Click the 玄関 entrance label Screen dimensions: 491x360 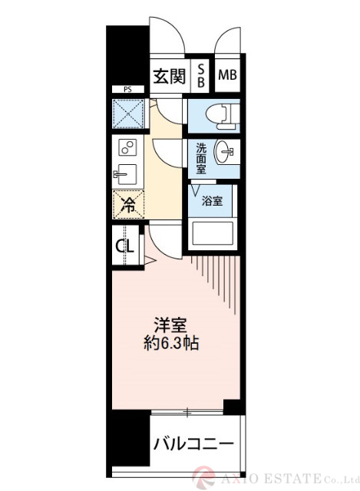(x=169, y=76)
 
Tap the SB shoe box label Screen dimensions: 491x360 (x=200, y=76)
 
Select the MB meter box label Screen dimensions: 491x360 (x=227, y=75)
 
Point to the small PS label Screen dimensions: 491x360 (x=127, y=90)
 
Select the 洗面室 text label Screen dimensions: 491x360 (x=200, y=157)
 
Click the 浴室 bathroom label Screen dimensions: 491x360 (x=213, y=202)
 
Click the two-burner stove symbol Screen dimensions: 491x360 (x=127, y=147)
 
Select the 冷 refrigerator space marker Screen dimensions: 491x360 (x=127, y=206)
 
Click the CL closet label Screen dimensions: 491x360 (x=125, y=246)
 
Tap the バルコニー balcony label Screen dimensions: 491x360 (x=193, y=443)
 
